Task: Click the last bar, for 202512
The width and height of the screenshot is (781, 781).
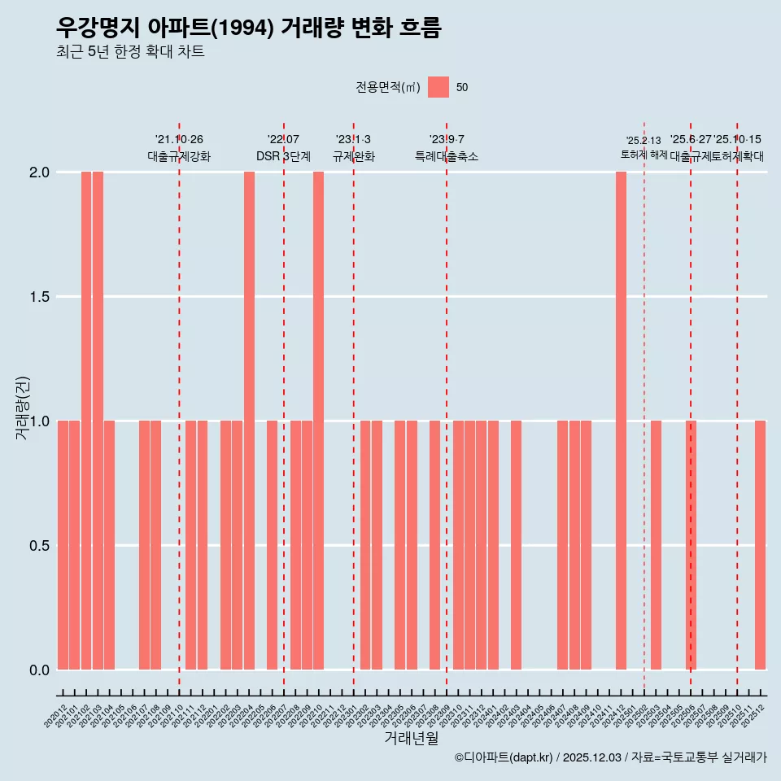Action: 760,545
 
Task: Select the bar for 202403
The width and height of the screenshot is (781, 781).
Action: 516,545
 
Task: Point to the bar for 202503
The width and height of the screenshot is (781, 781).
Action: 656,545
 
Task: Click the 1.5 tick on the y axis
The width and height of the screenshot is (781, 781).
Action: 38,297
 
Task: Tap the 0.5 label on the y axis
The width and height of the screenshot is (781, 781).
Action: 38,545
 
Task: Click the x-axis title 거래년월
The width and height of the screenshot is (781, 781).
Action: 411,739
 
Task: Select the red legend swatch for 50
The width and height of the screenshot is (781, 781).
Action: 438,87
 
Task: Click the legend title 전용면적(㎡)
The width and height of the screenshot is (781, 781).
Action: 387,87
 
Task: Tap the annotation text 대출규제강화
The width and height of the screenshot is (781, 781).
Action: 179,156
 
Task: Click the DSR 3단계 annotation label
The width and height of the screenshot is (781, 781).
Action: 283,156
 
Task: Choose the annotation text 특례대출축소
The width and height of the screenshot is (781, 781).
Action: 447,156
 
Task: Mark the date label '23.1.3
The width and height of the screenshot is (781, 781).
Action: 353,139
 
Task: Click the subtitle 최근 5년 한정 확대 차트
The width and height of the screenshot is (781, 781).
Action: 130,52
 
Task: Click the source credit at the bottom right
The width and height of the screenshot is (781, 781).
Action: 610,757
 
